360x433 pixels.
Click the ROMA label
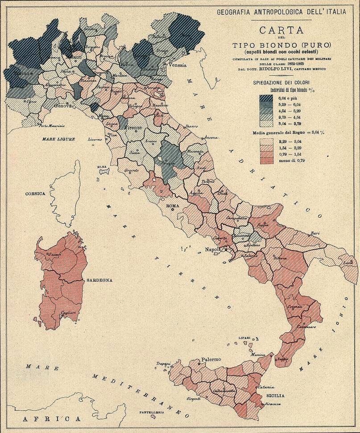coord(172,206)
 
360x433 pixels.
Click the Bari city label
coord(315,233)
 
